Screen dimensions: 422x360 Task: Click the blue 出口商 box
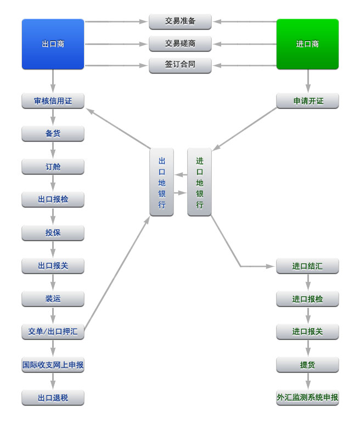click(x=53, y=44)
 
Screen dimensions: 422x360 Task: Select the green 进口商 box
click(x=307, y=44)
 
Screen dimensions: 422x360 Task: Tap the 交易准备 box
click(x=180, y=21)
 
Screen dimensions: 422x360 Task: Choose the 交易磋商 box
click(x=180, y=43)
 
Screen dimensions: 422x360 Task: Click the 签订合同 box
click(x=180, y=65)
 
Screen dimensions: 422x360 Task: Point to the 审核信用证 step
click(x=53, y=101)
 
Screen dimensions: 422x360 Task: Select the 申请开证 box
click(x=307, y=101)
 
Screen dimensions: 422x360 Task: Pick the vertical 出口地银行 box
click(x=161, y=183)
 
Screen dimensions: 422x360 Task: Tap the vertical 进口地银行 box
click(x=199, y=183)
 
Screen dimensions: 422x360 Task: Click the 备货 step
click(x=53, y=133)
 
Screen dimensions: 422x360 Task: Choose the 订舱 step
click(x=53, y=166)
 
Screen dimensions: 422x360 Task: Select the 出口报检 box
click(x=53, y=199)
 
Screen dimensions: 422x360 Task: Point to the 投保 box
click(x=53, y=233)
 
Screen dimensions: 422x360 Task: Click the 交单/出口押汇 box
click(x=53, y=331)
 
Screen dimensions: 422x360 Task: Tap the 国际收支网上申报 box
click(x=53, y=364)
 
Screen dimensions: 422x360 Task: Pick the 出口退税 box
click(x=53, y=397)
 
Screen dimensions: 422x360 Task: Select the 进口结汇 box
click(x=307, y=266)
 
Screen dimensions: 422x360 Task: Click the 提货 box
click(x=307, y=364)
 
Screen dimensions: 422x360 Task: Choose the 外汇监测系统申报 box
click(x=307, y=397)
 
